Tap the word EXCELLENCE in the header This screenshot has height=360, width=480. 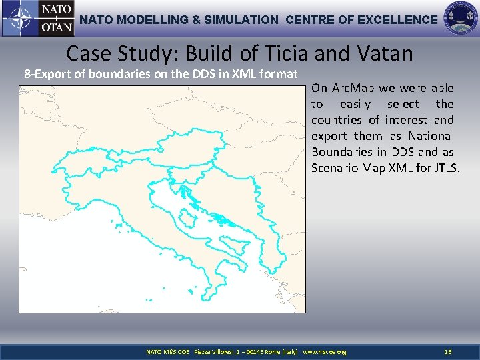coord(397,20)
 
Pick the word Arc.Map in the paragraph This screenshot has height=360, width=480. coord(356,88)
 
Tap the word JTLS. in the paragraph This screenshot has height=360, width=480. coord(444,168)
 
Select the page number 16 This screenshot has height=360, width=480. coord(448,351)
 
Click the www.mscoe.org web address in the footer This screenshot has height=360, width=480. coord(325,351)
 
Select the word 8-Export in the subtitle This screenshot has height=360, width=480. coord(47,74)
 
